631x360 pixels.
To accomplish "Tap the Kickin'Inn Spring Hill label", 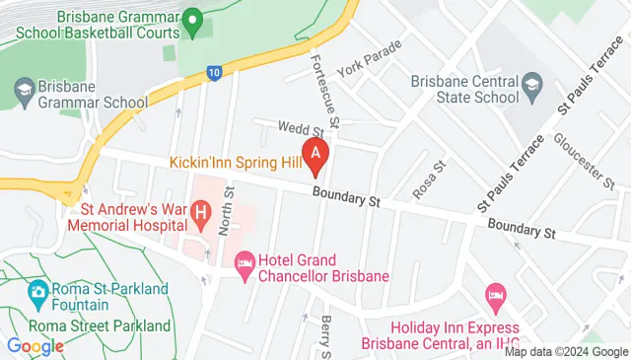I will coord(234,161).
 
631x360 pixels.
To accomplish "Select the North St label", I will coord(226,211).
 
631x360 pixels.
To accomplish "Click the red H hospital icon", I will coord(201,210).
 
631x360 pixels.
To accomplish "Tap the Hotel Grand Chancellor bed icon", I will coord(244,260).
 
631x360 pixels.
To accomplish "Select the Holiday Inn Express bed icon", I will coord(496,295).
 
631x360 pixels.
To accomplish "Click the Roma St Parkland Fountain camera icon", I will coord(38,292).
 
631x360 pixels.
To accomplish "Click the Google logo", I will coord(35,346).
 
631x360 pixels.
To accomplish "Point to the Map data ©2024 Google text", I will coord(566,352).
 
